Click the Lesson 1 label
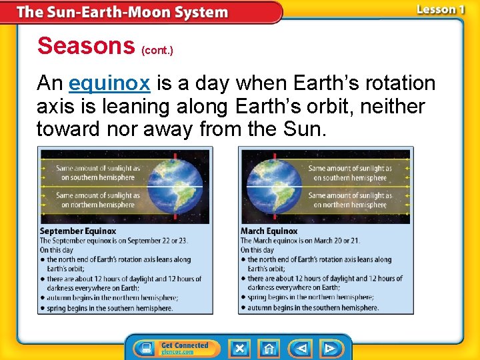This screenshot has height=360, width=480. point(441,9)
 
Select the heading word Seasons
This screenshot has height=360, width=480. point(86,46)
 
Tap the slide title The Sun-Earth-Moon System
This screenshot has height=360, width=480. point(122,12)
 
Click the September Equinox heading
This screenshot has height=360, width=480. point(78,231)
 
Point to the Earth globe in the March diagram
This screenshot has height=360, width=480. point(277,185)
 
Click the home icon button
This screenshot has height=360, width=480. point(269,348)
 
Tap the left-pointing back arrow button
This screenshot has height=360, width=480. point(301,348)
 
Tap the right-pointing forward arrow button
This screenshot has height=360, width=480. point(330,348)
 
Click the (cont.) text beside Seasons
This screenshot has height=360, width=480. point(157,50)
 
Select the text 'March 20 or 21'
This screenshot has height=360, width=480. point(337,241)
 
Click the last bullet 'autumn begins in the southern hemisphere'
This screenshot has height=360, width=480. point(313,307)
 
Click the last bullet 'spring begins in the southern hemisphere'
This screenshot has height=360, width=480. point(109,308)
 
